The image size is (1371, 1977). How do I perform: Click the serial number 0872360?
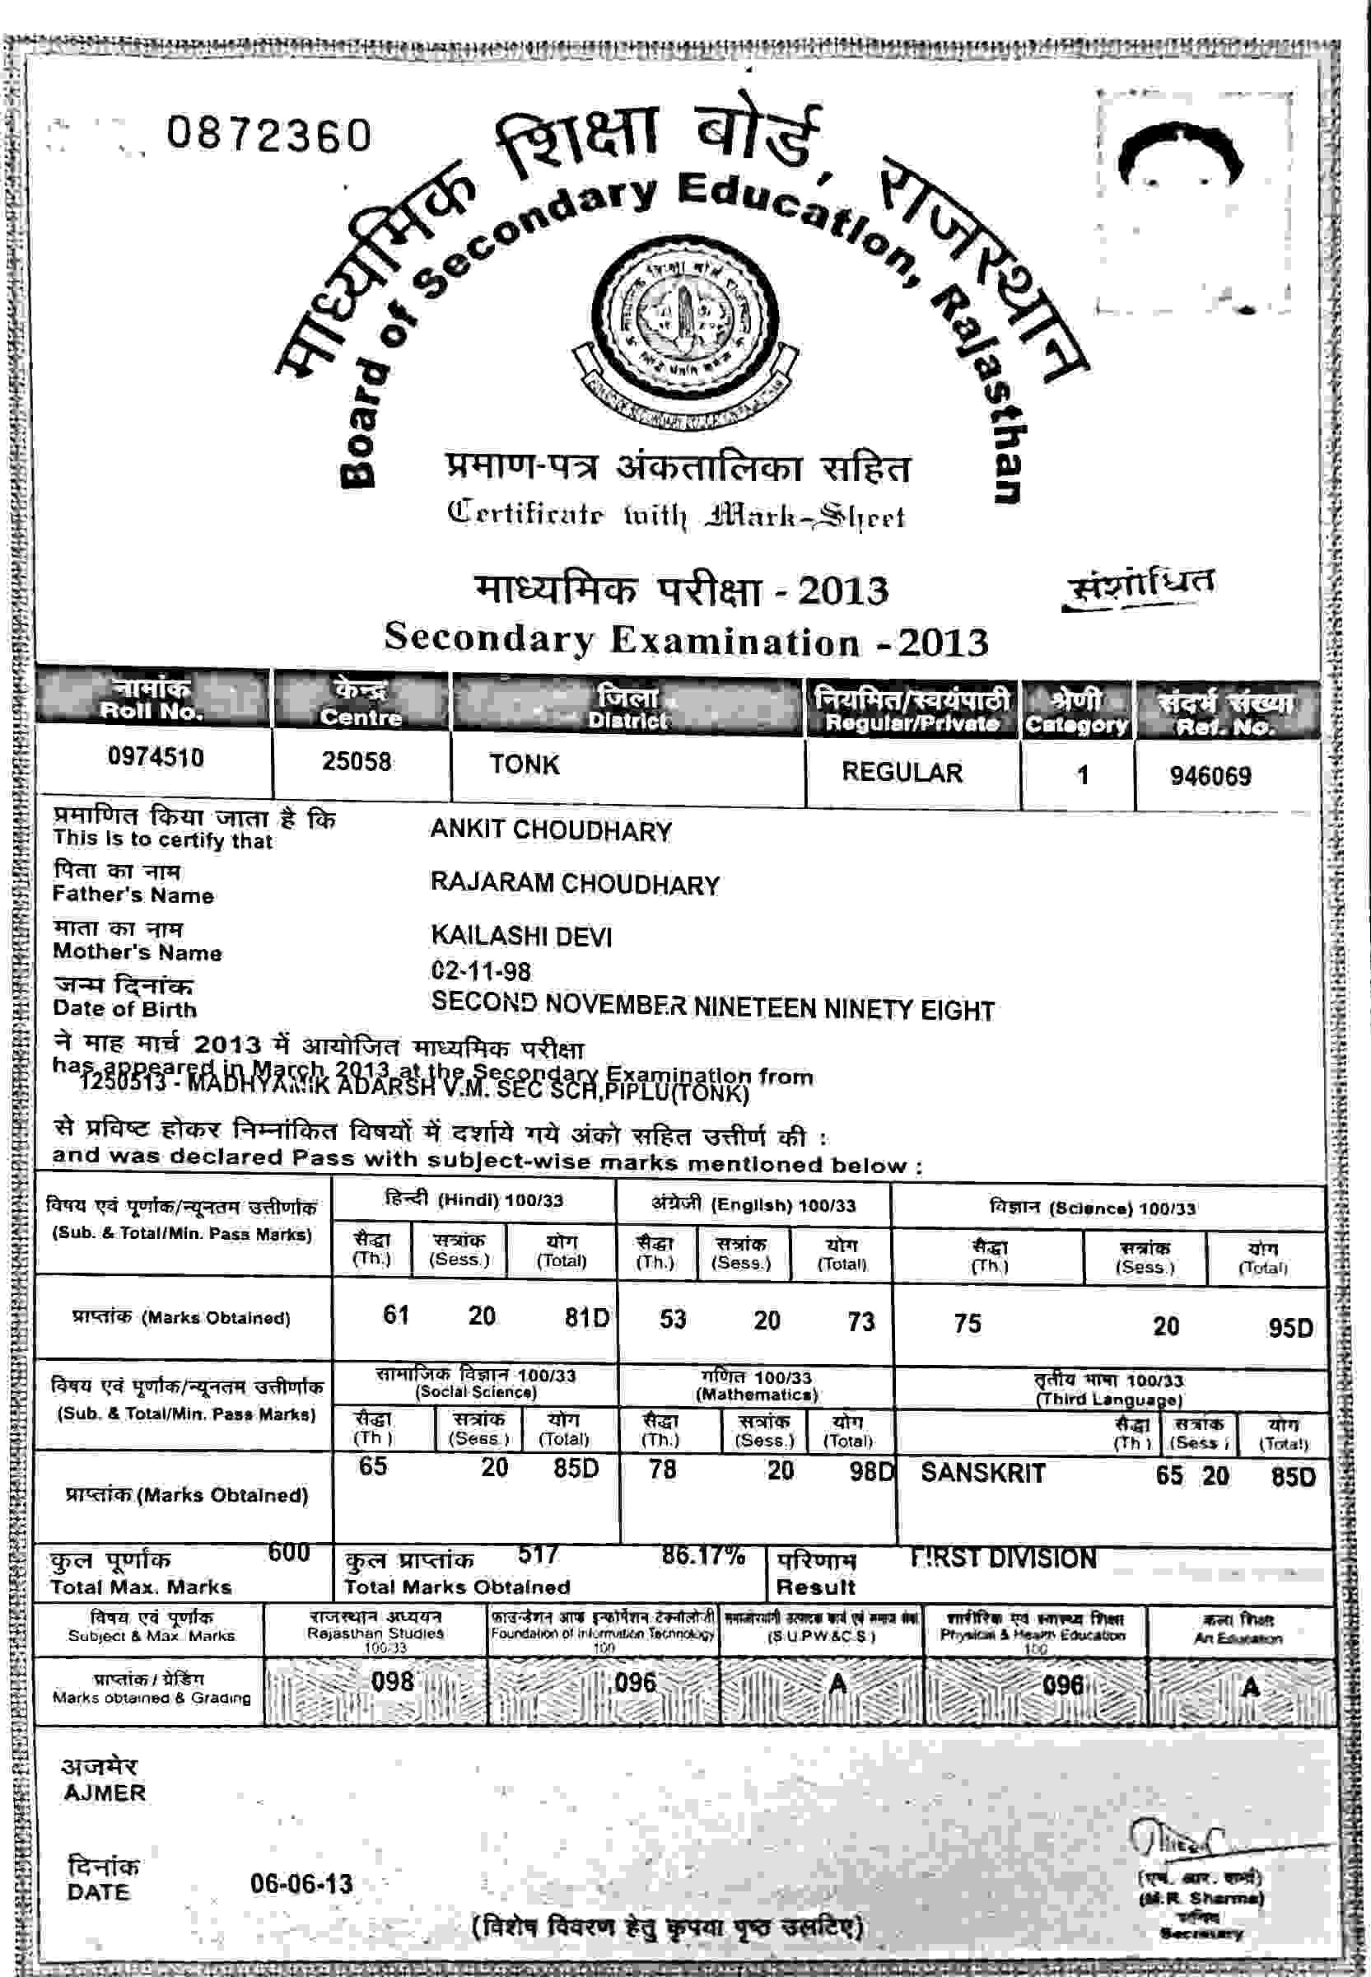(x=269, y=135)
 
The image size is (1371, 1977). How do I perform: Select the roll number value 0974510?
(x=156, y=757)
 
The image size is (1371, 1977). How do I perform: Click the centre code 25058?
(x=357, y=761)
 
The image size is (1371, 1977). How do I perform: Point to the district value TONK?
(x=524, y=764)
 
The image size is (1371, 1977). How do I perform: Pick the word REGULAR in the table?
(x=902, y=772)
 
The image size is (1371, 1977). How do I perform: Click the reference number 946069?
(x=1210, y=776)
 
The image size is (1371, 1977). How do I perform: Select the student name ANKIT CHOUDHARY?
(x=551, y=830)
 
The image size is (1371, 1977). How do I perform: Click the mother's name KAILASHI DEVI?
(x=521, y=936)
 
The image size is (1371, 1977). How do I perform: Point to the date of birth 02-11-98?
(x=481, y=971)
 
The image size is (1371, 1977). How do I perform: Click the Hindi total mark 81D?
(x=587, y=1317)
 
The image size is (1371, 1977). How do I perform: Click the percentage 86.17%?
(x=702, y=1556)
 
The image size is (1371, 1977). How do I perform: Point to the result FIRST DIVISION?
(x=1003, y=1558)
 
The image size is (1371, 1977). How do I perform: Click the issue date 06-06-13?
(x=301, y=1884)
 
